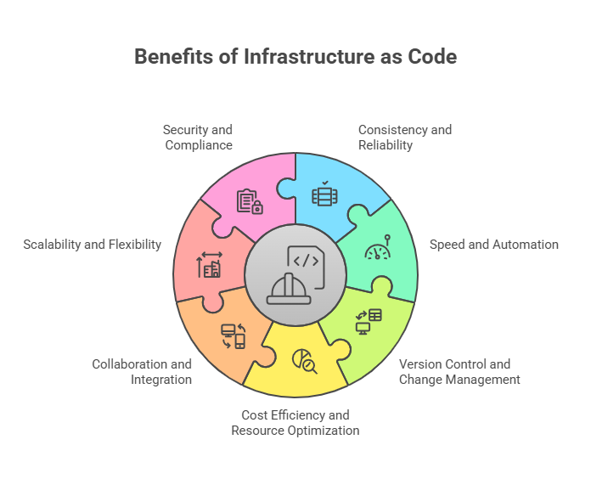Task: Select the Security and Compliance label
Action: click(198, 138)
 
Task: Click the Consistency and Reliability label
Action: click(404, 138)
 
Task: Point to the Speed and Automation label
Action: click(493, 245)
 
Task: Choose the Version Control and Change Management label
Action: click(459, 372)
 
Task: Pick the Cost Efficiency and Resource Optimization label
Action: click(295, 423)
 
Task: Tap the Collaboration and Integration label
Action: click(142, 372)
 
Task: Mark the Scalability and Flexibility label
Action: click(93, 245)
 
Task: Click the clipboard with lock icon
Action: click(250, 201)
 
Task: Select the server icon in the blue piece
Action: click(324, 194)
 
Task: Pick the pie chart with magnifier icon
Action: click(304, 361)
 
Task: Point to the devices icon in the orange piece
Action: click(233, 335)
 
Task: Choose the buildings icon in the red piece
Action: click(210, 266)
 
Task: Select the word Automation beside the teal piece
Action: click(523, 245)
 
